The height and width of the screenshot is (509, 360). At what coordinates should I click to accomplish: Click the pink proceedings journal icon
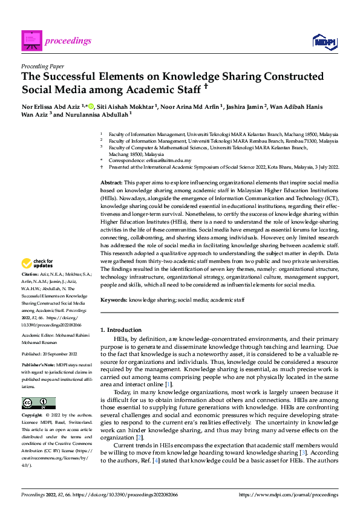pyautogui.click(x=31, y=40)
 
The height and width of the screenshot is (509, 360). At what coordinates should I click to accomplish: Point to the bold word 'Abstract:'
pyautogui.click(x=112, y=182)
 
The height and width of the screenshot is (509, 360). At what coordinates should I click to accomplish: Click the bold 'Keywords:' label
pyautogui.click(x=114, y=300)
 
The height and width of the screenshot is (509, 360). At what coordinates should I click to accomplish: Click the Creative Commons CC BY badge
pyautogui.click(x=38, y=404)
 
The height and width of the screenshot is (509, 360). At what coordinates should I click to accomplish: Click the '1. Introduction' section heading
pyautogui.click(x=121, y=330)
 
